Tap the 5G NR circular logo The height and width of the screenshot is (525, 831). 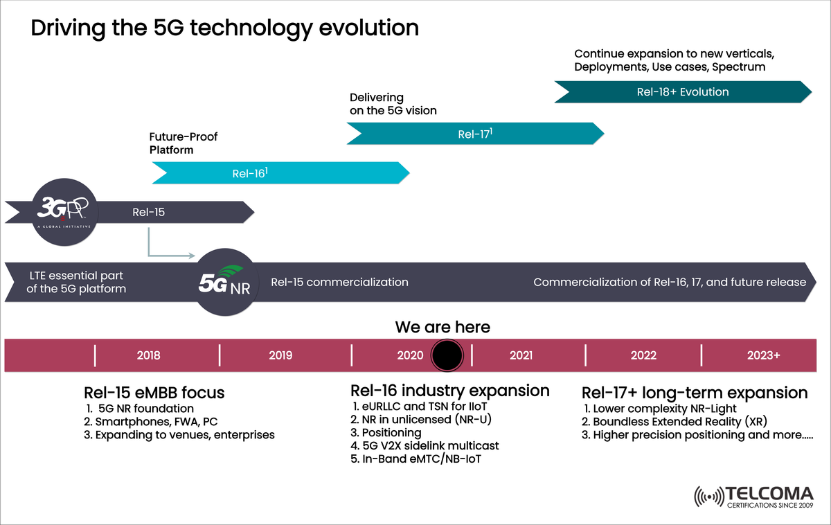[225, 283]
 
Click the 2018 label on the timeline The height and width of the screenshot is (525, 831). [148, 355]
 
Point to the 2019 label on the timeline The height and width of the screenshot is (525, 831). [280, 355]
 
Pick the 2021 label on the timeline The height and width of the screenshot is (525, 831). [521, 355]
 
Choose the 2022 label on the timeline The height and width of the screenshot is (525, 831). [643, 355]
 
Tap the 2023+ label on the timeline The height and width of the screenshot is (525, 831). [764, 355]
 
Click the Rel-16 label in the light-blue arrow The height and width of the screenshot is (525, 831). [250, 173]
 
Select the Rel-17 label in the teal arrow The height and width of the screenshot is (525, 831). [474, 134]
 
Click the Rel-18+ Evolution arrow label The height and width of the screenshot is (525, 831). [682, 91]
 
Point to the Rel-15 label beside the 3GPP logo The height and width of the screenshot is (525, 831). [148, 212]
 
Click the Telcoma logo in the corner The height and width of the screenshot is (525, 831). [754, 497]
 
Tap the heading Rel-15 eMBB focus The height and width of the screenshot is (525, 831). [154, 393]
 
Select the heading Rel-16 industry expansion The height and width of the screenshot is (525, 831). [450, 391]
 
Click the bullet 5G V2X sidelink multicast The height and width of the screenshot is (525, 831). [425, 445]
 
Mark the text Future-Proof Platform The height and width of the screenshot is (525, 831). [184, 143]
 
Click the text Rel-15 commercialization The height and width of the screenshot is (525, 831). [339, 282]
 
